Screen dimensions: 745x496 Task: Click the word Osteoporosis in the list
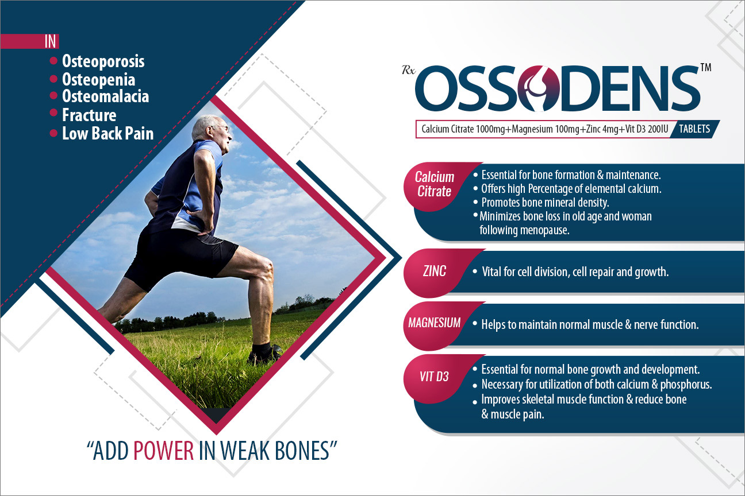103,61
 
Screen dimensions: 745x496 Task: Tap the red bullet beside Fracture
53,113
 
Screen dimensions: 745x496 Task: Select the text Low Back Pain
107,134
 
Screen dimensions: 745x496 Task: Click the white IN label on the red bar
50,41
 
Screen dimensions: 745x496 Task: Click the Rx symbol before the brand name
408,71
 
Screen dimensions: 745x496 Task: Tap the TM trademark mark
706,67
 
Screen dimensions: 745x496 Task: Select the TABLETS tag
694,129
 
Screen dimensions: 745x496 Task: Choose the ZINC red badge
435,272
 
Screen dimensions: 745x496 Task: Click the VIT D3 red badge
435,377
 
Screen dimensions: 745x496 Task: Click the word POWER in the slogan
163,451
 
